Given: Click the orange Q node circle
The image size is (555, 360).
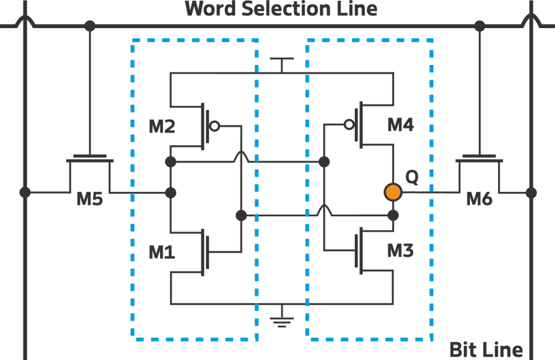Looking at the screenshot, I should [x=393, y=193].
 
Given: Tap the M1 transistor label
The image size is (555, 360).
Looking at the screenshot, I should [x=161, y=252].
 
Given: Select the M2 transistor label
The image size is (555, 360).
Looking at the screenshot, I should [x=161, y=126].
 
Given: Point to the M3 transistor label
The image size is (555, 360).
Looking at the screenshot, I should [x=400, y=250].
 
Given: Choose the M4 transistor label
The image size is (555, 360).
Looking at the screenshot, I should [x=400, y=124].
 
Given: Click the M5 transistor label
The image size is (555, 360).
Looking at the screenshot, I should [x=90, y=199].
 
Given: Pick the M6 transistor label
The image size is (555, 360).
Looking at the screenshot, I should [x=479, y=198].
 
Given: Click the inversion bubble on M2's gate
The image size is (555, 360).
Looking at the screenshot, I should [x=214, y=125].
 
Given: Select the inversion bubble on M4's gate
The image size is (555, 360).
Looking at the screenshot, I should [x=349, y=124].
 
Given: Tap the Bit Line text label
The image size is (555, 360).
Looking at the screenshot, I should [x=485, y=349].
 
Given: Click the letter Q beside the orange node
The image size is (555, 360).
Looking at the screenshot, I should [x=412, y=177].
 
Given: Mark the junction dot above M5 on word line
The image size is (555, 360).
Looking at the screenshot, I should [x=90, y=26].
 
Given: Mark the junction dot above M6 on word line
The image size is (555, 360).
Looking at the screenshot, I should [x=479, y=26].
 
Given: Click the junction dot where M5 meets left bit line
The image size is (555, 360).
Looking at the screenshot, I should [x=25, y=193].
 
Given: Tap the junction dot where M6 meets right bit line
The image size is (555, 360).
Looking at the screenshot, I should [x=531, y=193].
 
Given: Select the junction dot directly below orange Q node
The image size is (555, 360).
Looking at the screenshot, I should [x=393, y=215].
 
